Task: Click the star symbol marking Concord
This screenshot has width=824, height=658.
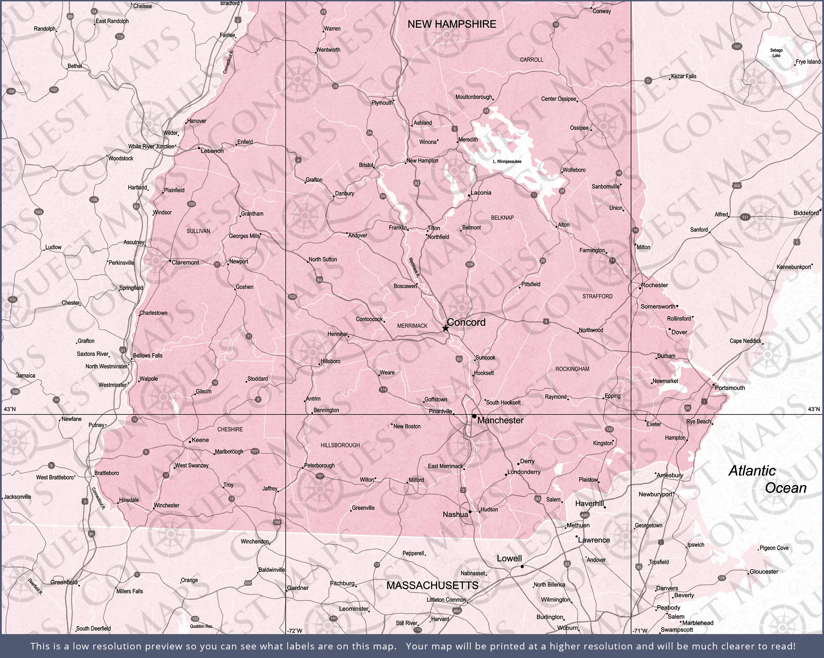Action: pos(445,328)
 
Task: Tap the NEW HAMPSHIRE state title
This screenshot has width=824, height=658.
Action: pos(452,24)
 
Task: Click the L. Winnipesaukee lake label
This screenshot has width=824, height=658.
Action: pos(507,161)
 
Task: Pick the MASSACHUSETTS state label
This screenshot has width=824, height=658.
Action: pos(432,585)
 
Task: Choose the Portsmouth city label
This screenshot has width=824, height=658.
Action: pos(730,388)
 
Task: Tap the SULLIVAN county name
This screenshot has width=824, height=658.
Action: pos(198,231)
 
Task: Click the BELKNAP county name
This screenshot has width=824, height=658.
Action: pos(502,218)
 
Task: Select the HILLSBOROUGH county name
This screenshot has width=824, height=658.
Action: pos(340,445)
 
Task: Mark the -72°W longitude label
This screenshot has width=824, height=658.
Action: pos(295,631)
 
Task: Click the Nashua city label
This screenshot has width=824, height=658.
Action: pos(455,514)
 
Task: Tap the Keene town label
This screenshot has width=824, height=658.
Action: pos(200,440)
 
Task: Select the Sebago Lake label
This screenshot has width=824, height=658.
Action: pos(776,53)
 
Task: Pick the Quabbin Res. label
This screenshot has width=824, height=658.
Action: pos(202,627)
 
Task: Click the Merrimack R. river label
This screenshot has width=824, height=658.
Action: pos(414,267)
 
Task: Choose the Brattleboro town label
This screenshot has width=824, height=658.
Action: pos(107,473)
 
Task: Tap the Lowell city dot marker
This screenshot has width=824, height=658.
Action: pos(522,567)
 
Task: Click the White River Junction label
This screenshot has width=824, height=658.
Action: pos(151,146)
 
